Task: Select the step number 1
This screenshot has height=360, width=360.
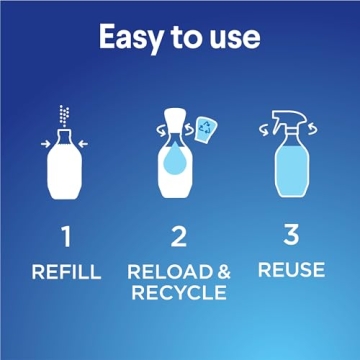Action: click(65, 237)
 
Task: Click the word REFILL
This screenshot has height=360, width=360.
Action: click(65, 271)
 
